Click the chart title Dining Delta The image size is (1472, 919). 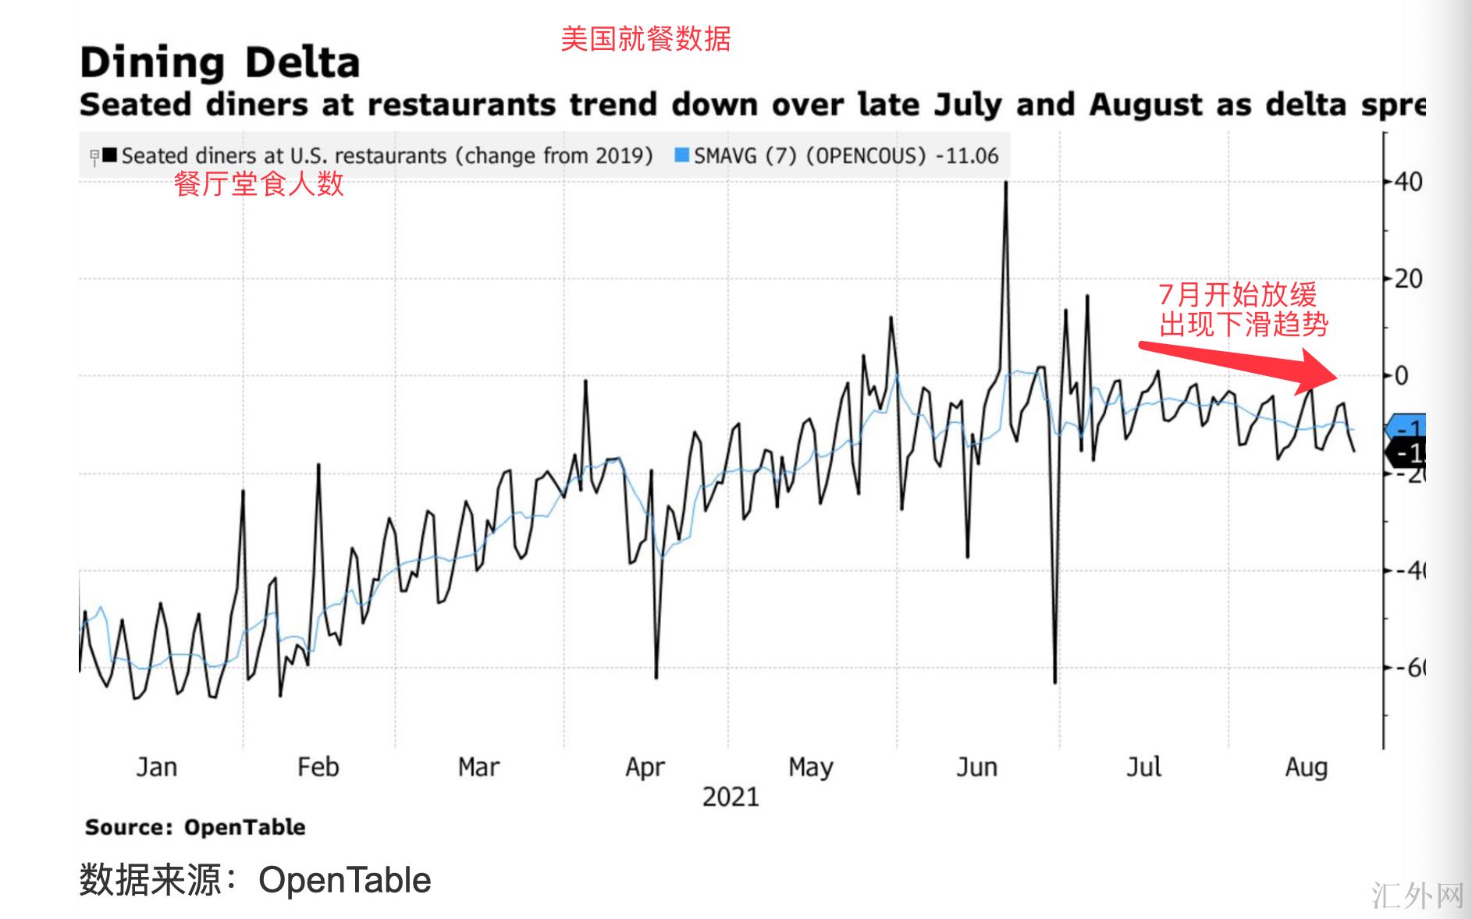[x=219, y=62]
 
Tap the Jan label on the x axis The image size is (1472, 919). [x=156, y=768]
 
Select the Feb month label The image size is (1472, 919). [x=318, y=768]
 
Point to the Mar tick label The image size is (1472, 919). [x=478, y=768]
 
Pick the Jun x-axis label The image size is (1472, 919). [x=976, y=768]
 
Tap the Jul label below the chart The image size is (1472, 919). [x=1143, y=768]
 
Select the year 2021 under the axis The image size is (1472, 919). [x=731, y=797]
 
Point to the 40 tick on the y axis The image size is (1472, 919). [x=1408, y=182]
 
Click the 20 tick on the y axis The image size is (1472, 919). [x=1408, y=279]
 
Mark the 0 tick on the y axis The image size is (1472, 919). [x=1402, y=376]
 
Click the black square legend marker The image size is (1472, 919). [x=109, y=155]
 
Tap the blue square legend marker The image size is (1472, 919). [x=681, y=155]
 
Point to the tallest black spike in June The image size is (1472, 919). [x=1005, y=184]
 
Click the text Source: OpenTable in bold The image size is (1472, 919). [x=195, y=827]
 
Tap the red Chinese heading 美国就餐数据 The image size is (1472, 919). [x=645, y=38]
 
